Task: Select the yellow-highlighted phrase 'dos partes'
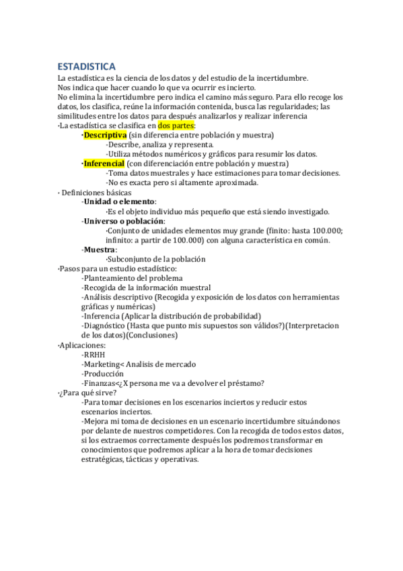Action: click(176, 125)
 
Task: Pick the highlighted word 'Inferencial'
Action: click(104, 163)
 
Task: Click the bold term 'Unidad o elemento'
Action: click(118, 201)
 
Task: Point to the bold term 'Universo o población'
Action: click(123, 221)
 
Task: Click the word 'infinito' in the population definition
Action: click(118, 240)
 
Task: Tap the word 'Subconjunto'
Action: click(131, 259)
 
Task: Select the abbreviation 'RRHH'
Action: click(95, 354)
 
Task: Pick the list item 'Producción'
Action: click(104, 373)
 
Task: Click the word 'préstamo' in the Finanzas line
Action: click(244, 383)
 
